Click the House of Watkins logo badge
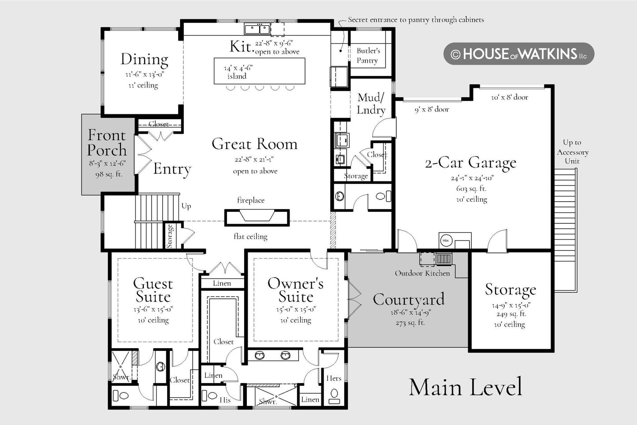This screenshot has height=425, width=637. [x=519, y=53]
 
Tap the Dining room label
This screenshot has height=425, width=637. [x=144, y=60]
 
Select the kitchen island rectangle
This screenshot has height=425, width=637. [x=259, y=71]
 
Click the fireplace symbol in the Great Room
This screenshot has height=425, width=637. [x=257, y=218]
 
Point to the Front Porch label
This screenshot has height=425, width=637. [x=107, y=143]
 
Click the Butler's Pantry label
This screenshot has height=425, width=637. [x=368, y=56]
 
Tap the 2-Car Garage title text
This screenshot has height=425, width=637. [x=470, y=163]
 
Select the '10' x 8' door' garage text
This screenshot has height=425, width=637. [x=509, y=98]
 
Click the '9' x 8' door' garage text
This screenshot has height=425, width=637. [x=432, y=109]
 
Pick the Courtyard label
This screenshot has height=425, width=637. [x=408, y=300]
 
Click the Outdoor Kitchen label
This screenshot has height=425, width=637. [x=422, y=273]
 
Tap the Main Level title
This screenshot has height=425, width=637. [x=466, y=387]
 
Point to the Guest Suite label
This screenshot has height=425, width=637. [x=153, y=290]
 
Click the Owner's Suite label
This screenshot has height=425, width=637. [x=295, y=290]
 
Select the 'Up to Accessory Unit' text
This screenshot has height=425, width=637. [x=573, y=152]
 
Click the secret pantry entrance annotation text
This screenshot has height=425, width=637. [x=416, y=20]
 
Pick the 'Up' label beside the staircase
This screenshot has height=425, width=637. [x=186, y=206]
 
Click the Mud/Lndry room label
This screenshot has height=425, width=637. [x=371, y=104]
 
